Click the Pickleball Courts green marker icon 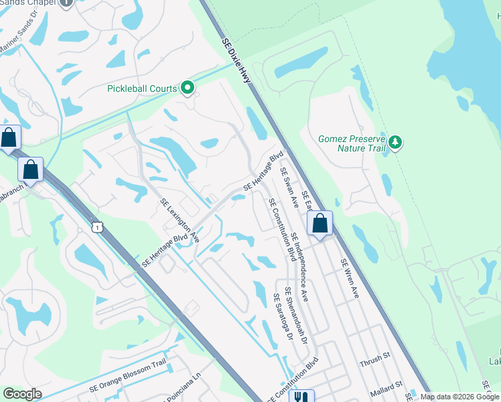click(x=188, y=88)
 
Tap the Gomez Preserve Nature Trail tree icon click(x=396, y=141)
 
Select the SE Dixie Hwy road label click(x=236, y=60)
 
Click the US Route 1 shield click(x=98, y=228)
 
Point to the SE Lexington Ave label click(x=180, y=220)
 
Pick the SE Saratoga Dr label click(x=283, y=318)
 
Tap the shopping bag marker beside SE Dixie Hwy click(x=321, y=224)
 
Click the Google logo click(x=22, y=394)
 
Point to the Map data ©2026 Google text click(x=459, y=397)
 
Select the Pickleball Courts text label click(x=142, y=88)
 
